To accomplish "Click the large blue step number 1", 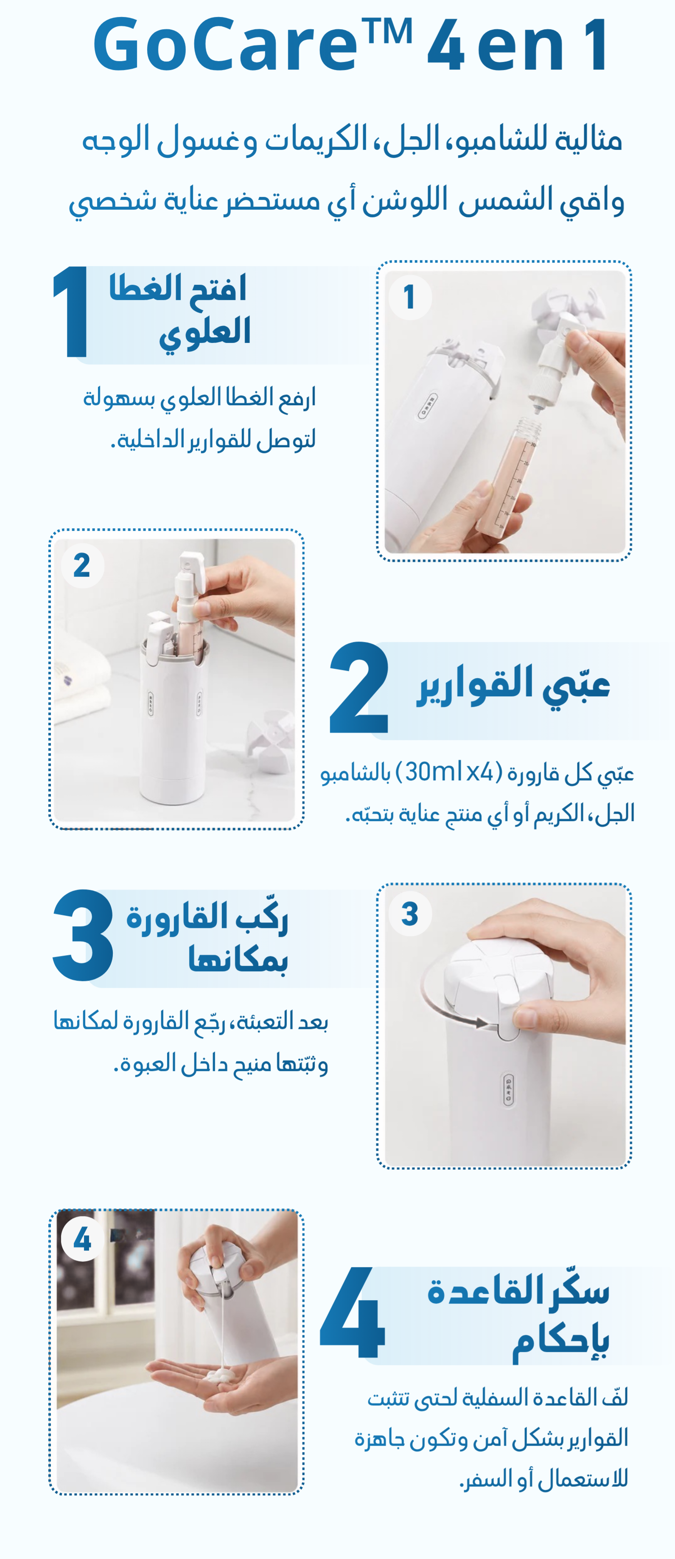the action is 71,312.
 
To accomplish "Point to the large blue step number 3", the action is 83,935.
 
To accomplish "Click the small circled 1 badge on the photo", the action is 409,297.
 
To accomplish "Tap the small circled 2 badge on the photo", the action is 82,566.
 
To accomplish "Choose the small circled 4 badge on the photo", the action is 82,1239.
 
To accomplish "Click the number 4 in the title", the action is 446,46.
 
